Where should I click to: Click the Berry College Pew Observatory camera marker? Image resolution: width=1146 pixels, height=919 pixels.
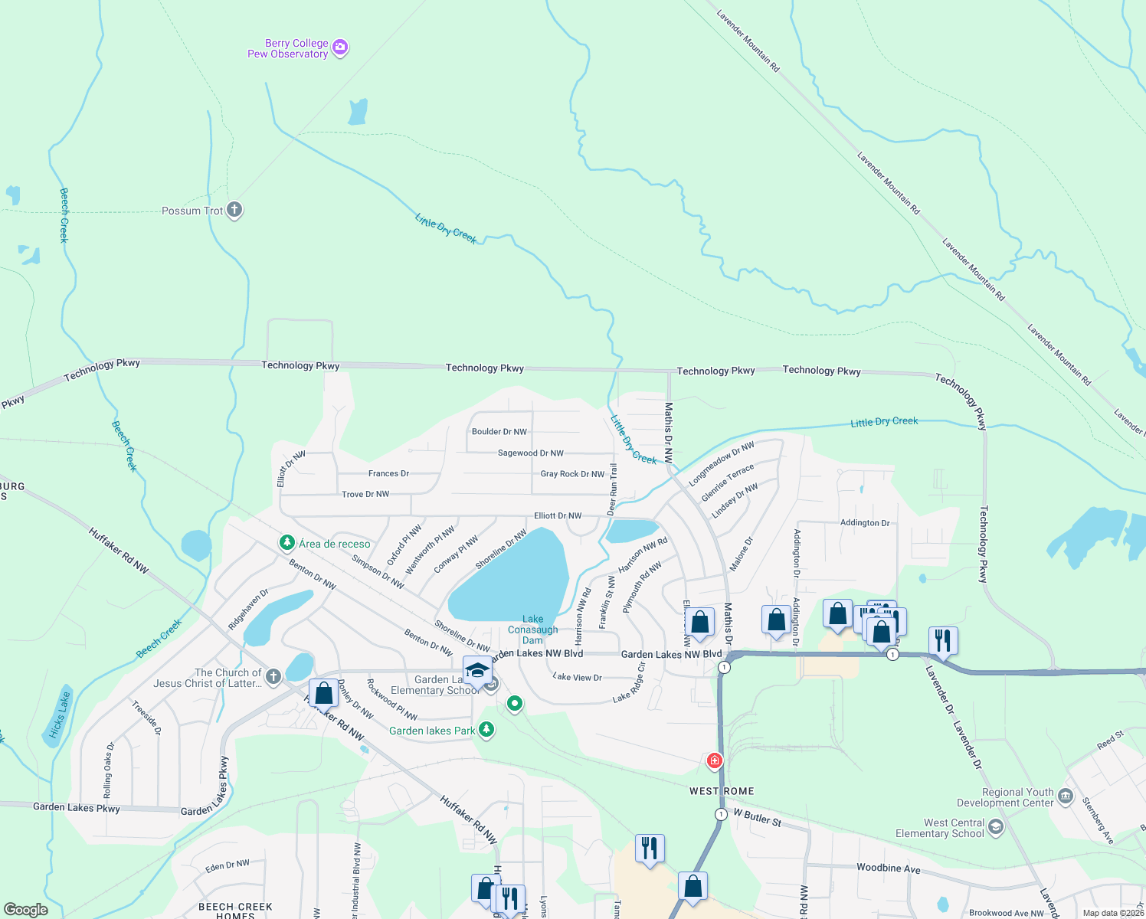pos(340,47)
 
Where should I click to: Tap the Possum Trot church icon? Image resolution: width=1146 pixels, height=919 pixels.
pos(234,210)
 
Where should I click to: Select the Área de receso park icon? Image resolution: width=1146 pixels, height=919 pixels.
pos(287,543)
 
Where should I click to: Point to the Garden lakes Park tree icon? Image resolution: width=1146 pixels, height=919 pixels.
pos(486,730)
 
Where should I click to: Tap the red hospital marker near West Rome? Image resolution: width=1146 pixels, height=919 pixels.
pos(715,760)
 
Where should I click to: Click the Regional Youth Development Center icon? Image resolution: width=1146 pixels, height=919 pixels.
pos(1066,796)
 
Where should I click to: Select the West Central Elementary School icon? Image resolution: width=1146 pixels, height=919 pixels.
pos(995,827)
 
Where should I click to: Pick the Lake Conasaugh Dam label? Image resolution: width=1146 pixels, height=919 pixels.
pos(532,630)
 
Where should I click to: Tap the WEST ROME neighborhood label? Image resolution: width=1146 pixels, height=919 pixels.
pos(722,791)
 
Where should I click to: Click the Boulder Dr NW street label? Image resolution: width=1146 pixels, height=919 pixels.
pos(499,432)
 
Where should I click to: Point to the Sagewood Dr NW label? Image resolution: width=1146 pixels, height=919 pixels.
pos(530,453)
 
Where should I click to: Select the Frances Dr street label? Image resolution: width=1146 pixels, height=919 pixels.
pos(388,474)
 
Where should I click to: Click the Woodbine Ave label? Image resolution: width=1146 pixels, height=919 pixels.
pos(888,868)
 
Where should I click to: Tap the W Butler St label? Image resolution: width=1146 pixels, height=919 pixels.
pos(758,817)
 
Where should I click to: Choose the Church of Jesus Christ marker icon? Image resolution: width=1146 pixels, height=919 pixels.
pos(273,677)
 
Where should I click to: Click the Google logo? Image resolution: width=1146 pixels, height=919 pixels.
pos(26,910)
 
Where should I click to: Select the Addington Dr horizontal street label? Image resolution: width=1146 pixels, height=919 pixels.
pos(865,523)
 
